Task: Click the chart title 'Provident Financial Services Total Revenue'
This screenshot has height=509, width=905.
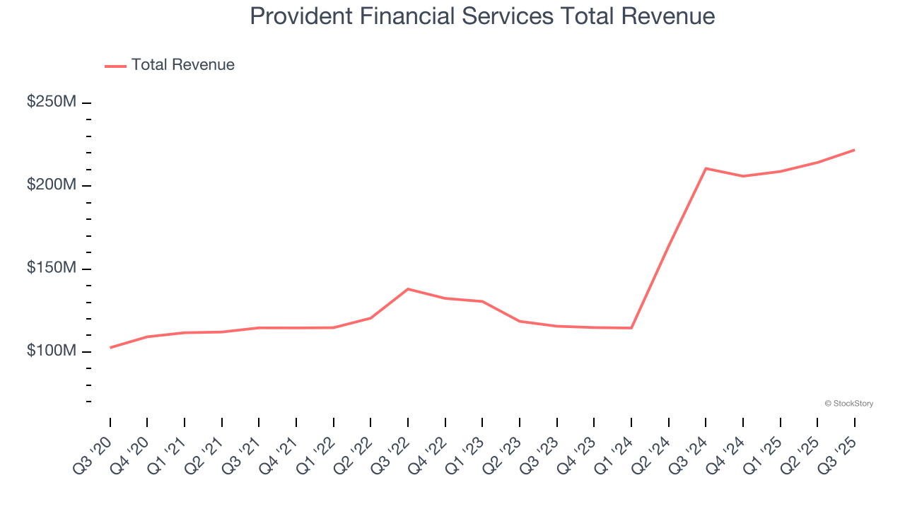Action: click(482, 16)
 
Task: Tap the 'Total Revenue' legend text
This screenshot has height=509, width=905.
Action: click(182, 65)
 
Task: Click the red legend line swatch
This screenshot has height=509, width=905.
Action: click(115, 66)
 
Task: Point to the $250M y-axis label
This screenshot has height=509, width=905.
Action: click(52, 102)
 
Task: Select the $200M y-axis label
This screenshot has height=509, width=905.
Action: click(52, 185)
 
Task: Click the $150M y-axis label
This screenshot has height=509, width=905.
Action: click(52, 268)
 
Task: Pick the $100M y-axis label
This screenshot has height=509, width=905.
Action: click(52, 351)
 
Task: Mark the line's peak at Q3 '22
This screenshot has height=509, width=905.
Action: click(408, 289)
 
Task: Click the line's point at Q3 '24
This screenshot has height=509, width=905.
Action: click(706, 168)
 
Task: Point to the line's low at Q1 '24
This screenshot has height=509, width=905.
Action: click(631, 328)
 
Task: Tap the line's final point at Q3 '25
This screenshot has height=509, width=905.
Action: click(854, 150)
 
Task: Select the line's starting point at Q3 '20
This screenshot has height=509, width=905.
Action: click(110, 348)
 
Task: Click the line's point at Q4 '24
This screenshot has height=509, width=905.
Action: click(743, 176)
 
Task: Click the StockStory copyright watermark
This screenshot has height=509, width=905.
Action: click(848, 404)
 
